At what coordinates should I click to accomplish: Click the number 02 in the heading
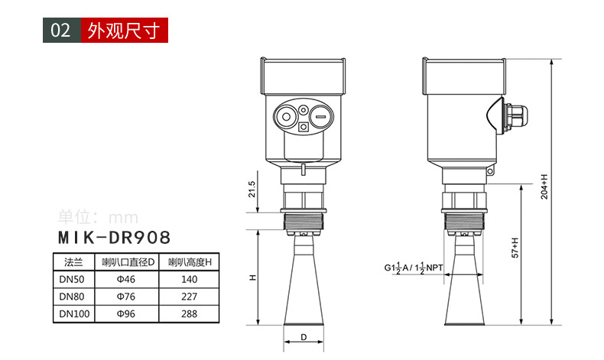[x=61, y=31]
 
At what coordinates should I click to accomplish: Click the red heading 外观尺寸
[x=124, y=31]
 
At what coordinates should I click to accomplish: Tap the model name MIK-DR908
[x=114, y=238]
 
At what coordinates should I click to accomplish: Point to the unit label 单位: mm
[x=98, y=217]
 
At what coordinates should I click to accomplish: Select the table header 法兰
[x=73, y=262]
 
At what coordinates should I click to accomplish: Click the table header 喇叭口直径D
[x=128, y=262]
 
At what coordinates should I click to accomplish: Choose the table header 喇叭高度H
[x=190, y=262]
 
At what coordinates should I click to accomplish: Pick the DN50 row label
[x=72, y=279]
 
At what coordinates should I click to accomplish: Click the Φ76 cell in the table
[x=126, y=297]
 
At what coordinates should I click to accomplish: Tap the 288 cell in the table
[x=189, y=314]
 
